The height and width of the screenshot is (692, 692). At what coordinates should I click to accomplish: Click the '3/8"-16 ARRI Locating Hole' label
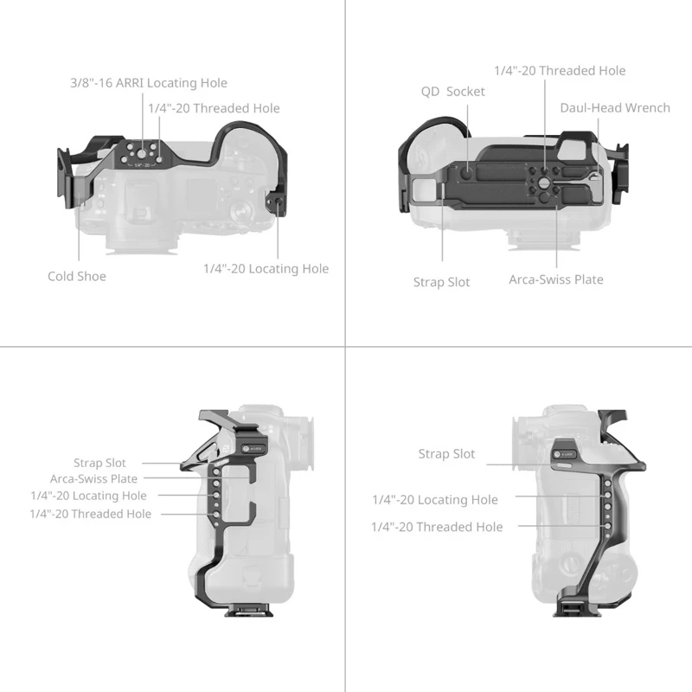tap(149, 83)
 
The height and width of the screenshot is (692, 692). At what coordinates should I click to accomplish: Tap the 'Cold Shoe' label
tap(77, 276)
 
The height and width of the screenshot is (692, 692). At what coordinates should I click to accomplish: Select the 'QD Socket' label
tap(452, 91)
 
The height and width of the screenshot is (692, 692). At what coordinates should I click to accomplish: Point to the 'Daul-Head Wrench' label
tap(614, 107)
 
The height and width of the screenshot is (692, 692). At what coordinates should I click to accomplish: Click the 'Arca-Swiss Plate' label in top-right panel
tap(556, 279)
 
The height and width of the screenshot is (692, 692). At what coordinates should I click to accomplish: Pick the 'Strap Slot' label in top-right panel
tap(441, 282)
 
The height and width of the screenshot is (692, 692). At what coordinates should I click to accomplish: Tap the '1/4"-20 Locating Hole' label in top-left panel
tap(266, 269)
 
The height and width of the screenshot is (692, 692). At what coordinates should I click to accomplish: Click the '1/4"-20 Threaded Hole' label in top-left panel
tap(214, 108)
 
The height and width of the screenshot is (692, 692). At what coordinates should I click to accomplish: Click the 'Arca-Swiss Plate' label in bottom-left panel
tap(93, 478)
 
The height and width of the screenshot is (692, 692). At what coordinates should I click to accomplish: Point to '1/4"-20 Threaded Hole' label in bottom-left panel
tap(90, 514)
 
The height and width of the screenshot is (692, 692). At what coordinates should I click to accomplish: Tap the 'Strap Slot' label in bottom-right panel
tap(446, 453)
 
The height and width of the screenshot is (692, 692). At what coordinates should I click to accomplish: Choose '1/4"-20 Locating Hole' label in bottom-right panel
tap(435, 499)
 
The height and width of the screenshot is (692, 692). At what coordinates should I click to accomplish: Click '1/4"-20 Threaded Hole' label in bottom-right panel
tap(437, 527)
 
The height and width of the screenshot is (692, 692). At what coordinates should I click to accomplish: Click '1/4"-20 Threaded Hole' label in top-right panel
tap(560, 70)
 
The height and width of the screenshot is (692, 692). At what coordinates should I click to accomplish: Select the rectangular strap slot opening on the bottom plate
tap(424, 189)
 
